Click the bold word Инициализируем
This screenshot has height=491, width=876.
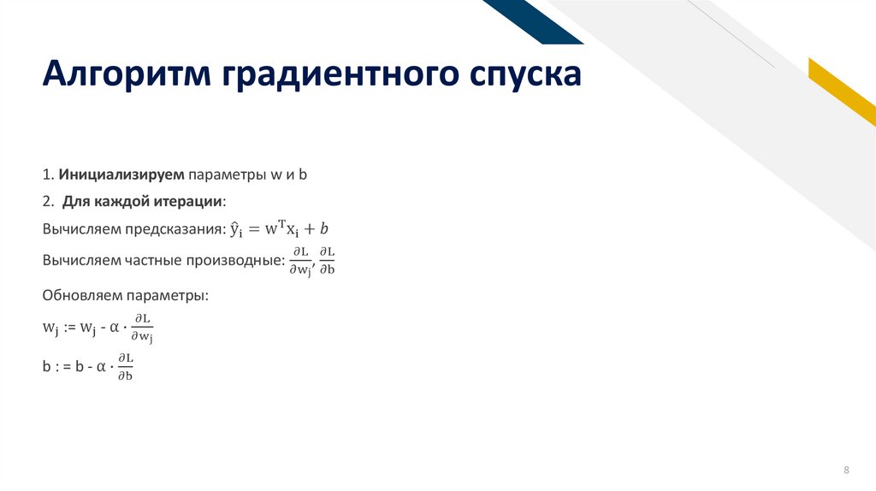(x=121, y=174)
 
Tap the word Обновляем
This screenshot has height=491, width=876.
(x=81, y=295)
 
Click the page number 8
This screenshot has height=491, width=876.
(x=847, y=470)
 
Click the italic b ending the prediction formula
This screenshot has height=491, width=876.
(x=324, y=228)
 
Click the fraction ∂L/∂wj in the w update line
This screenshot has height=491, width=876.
(x=141, y=328)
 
